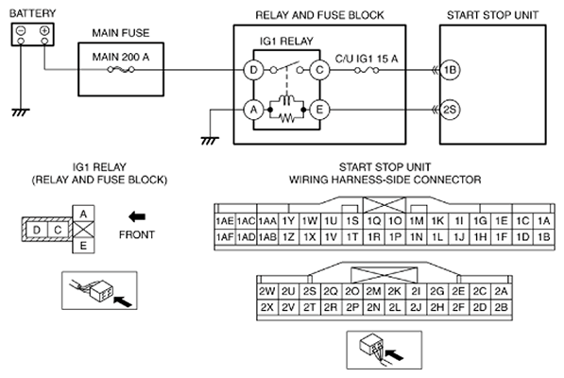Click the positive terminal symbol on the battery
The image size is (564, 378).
point(44,30)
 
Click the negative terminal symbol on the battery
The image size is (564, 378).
point(21,30)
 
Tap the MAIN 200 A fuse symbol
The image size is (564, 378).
point(121,69)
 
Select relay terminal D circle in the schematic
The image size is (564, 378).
point(253,70)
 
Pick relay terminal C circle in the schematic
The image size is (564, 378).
point(319,70)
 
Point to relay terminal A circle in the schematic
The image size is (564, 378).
point(253,110)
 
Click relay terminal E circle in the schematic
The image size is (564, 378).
point(319,110)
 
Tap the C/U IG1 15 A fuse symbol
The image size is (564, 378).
point(367,70)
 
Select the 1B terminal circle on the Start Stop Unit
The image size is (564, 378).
point(450,70)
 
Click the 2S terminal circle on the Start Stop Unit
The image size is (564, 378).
point(450,110)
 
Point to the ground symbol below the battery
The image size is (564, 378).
point(21,112)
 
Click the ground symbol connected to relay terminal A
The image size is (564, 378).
point(210,141)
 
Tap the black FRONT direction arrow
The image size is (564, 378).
point(137,216)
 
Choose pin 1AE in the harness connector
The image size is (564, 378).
point(225,221)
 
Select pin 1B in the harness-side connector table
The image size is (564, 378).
point(543,237)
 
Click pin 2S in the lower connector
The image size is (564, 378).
point(309,291)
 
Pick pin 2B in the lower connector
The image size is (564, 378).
point(501,307)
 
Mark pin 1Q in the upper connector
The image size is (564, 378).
point(374,221)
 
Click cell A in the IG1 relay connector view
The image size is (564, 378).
point(83,214)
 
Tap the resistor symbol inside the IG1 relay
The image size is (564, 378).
point(286,117)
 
